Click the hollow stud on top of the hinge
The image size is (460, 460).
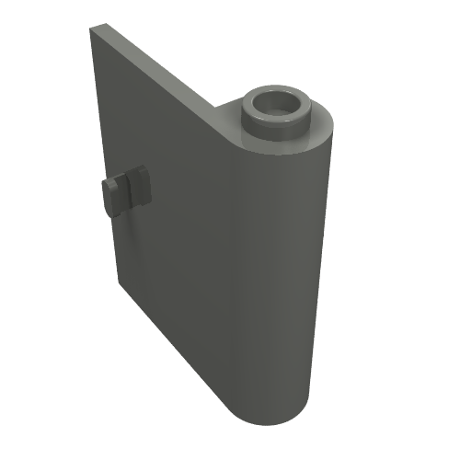click(x=277, y=111)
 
